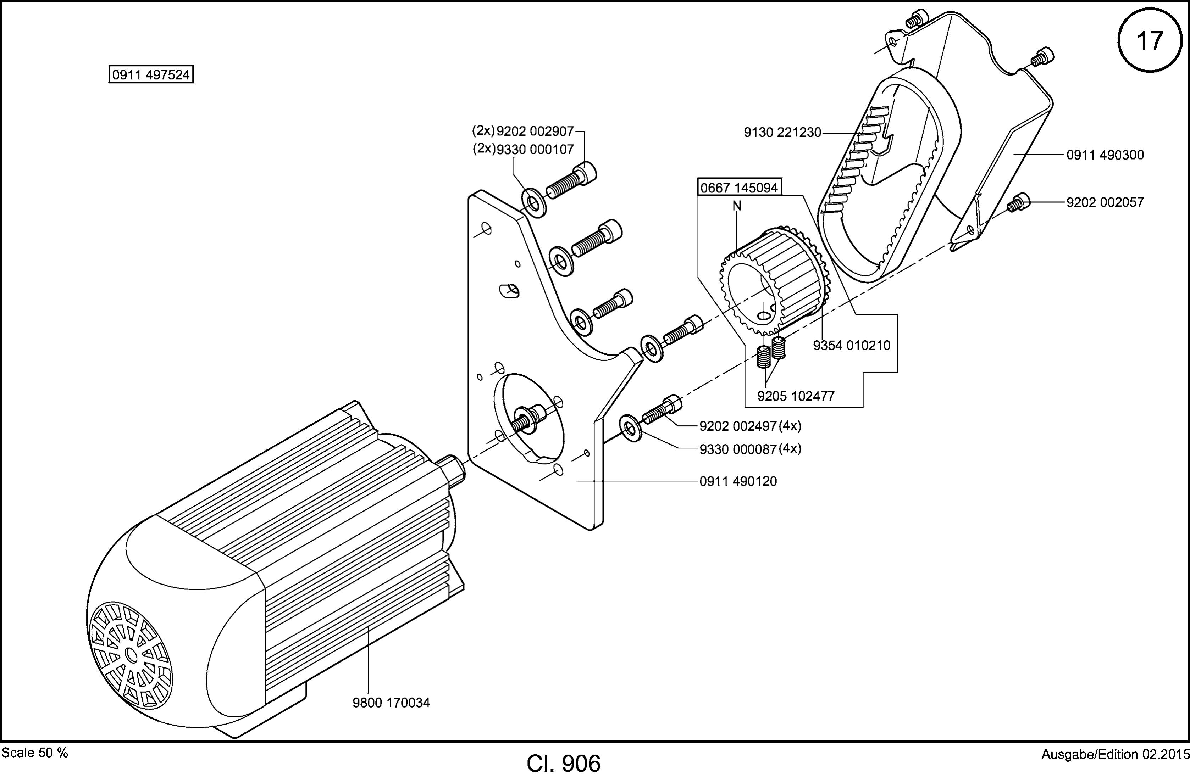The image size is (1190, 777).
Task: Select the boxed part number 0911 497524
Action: click(151, 75)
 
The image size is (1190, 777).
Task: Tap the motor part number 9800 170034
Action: click(391, 703)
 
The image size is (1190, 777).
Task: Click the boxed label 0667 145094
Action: click(739, 188)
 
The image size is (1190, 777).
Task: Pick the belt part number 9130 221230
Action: click(782, 133)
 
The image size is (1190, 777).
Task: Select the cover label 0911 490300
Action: click(1105, 155)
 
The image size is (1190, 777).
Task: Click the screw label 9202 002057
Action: click(1105, 202)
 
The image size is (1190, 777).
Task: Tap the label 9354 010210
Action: click(852, 345)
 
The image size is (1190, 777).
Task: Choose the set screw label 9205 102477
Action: click(796, 396)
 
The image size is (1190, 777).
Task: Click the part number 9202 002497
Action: click(738, 426)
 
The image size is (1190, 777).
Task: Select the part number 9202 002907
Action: click(535, 131)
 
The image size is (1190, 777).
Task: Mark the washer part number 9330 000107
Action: click(535, 149)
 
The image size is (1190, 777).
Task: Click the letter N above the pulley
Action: click(737, 206)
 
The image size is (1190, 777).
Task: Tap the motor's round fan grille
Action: click(131, 654)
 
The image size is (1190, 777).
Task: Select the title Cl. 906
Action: click(564, 764)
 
